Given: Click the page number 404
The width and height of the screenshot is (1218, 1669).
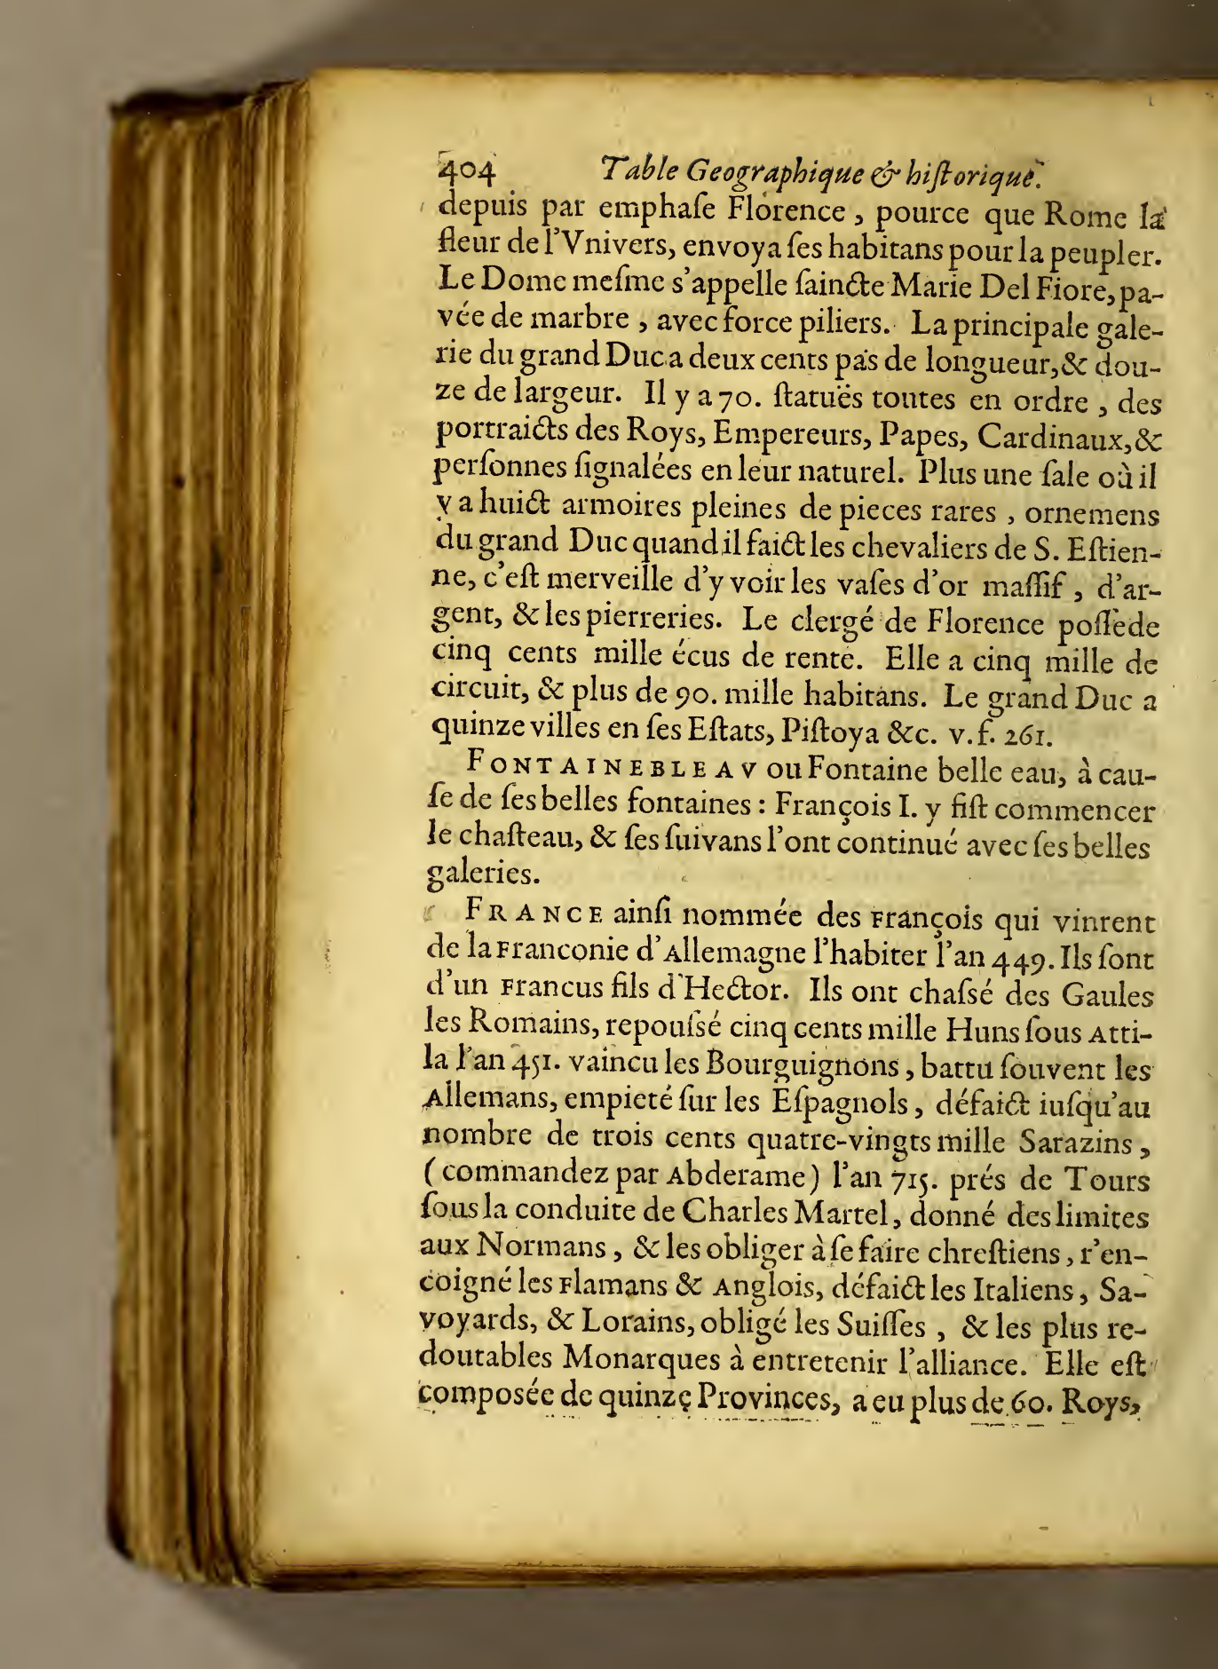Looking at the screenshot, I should click(467, 168).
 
